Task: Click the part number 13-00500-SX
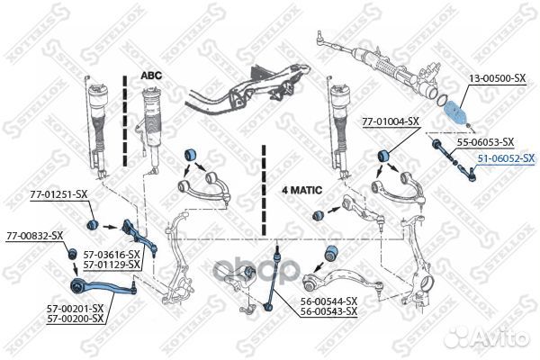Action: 497,78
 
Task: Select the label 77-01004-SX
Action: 391,121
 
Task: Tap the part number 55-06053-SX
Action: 485,142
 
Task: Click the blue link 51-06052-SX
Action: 506,158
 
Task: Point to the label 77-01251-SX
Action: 58,195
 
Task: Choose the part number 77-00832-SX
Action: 34,237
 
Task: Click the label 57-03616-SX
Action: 112,255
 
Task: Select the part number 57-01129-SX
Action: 112,265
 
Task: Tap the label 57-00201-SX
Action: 75,309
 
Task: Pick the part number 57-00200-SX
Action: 75,319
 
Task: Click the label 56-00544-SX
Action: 328,301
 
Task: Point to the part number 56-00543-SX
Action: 328,311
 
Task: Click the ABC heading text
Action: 151,76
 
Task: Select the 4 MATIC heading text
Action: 302,190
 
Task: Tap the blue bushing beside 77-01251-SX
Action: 93,224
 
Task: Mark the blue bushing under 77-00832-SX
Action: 72,254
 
